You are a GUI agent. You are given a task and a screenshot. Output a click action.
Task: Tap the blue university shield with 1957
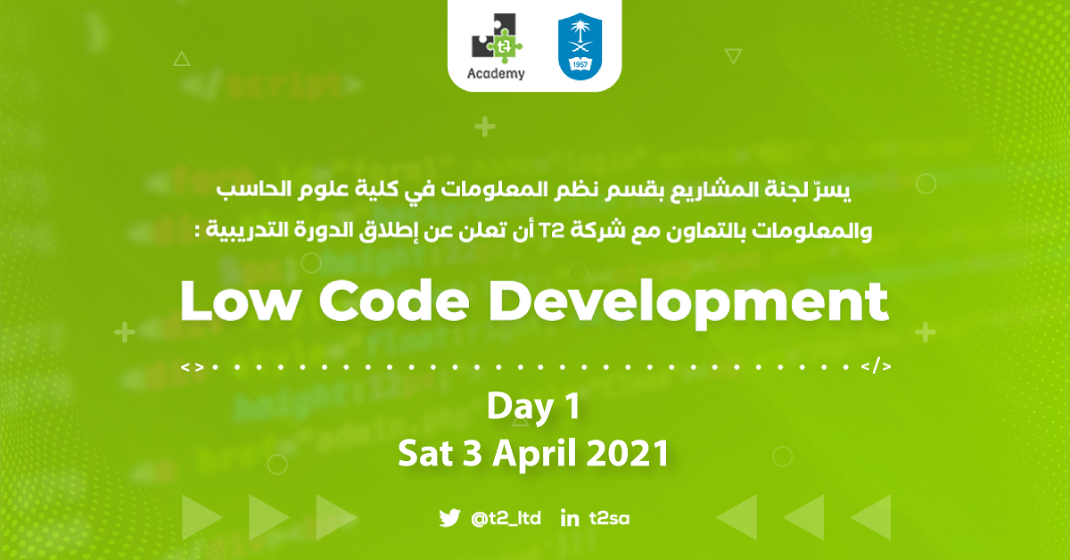[x=580, y=46]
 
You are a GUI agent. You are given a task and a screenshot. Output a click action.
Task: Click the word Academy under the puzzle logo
[x=496, y=74]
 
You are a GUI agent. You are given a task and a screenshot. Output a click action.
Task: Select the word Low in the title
[x=239, y=301]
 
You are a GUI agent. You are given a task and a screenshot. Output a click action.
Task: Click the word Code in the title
[x=394, y=301]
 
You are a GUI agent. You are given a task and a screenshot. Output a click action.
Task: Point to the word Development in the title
[x=688, y=303]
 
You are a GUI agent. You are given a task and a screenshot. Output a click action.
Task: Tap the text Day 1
[x=533, y=406]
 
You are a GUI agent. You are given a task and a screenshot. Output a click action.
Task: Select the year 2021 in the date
[x=627, y=453]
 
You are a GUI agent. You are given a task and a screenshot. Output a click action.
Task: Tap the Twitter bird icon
[x=449, y=518]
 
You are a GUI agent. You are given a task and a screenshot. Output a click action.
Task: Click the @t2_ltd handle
[x=506, y=518]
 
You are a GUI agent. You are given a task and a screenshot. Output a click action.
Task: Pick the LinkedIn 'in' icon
[x=570, y=518]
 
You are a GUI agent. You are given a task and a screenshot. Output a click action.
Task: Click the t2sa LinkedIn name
[x=609, y=518]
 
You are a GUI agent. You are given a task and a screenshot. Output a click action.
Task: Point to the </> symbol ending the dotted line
[x=876, y=366]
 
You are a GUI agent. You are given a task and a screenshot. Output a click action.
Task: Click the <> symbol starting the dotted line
[x=193, y=367]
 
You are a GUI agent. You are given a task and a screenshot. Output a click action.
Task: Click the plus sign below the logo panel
[x=485, y=127]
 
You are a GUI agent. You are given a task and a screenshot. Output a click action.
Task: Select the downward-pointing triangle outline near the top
[x=733, y=56]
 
